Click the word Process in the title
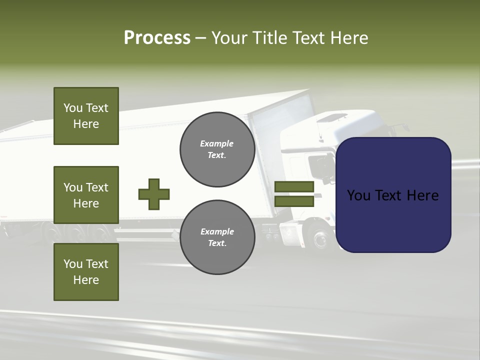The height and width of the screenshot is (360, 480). point(157,38)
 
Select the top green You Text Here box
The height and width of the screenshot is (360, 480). point(86,116)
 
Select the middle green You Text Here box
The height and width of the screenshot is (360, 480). point(86,195)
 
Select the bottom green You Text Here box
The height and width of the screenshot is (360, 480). point(86,272)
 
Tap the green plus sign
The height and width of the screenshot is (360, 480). point(154,194)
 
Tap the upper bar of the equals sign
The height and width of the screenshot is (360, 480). point(294,187)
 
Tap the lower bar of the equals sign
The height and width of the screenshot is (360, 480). point(294,201)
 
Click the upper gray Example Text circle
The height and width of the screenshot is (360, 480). point(217,149)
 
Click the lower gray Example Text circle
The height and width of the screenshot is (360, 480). point(217,237)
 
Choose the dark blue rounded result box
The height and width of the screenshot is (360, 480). point(393,195)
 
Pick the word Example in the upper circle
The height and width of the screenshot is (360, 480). point(217,143)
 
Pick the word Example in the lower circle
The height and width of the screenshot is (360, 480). point(217,231)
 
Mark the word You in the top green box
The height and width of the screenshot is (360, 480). point(73,108)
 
